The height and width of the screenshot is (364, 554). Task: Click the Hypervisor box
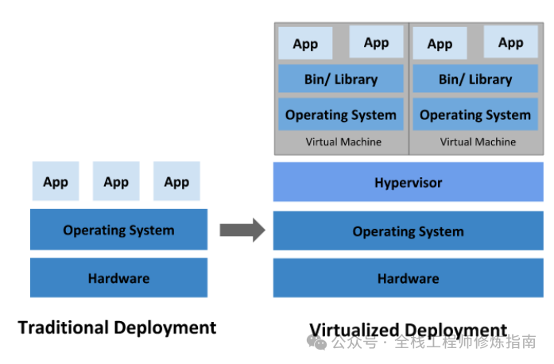[408, 183]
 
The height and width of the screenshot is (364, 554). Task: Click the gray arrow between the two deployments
[242, 230]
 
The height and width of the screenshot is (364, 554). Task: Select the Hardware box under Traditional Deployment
[118, 278]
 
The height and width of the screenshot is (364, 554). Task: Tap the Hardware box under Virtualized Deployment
[408, 278]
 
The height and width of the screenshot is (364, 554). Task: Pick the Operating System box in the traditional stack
[118, 230]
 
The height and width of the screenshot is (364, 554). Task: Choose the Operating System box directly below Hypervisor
[408, 231]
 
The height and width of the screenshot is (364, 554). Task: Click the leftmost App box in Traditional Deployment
[56, 182]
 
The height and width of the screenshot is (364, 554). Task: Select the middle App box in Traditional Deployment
[116, 182]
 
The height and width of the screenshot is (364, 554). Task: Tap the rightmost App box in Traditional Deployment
[176, 182]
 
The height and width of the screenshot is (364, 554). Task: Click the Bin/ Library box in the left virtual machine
[341, 79]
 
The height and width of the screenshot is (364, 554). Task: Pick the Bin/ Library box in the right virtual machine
[475, 79]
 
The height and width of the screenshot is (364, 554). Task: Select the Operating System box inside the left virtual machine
[341, 114]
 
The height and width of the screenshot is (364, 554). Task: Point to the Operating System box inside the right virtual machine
[475, 114]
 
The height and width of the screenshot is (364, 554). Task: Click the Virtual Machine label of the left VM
[343, 142]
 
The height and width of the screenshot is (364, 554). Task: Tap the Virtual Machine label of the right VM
[478, 142]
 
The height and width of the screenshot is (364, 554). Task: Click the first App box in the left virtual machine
[305, 44]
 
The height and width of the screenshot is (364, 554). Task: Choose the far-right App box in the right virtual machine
[510, 42]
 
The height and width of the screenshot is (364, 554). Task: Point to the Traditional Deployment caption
[117, 327]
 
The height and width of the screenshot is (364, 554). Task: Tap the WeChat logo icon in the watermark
[318, 343]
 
